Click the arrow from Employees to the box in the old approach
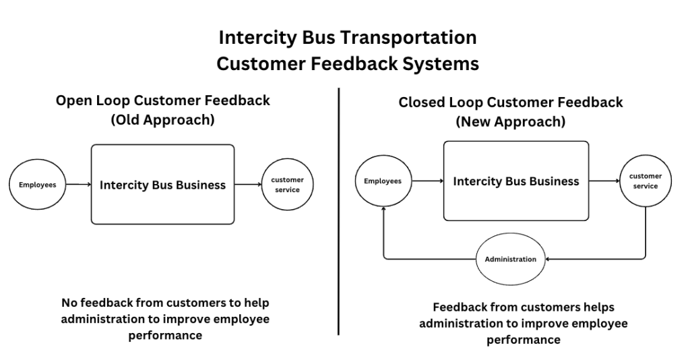click(78, 185)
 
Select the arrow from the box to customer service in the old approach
click(248, 185)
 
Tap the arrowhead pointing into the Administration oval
click(548, 260)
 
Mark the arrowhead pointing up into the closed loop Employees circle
click(383, 209)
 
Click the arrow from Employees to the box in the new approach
click(428, 181)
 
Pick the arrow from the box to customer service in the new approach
click(604, 181)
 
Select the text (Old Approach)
click(163, 120)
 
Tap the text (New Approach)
click(511, 121)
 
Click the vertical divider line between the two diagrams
click(339, 211)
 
